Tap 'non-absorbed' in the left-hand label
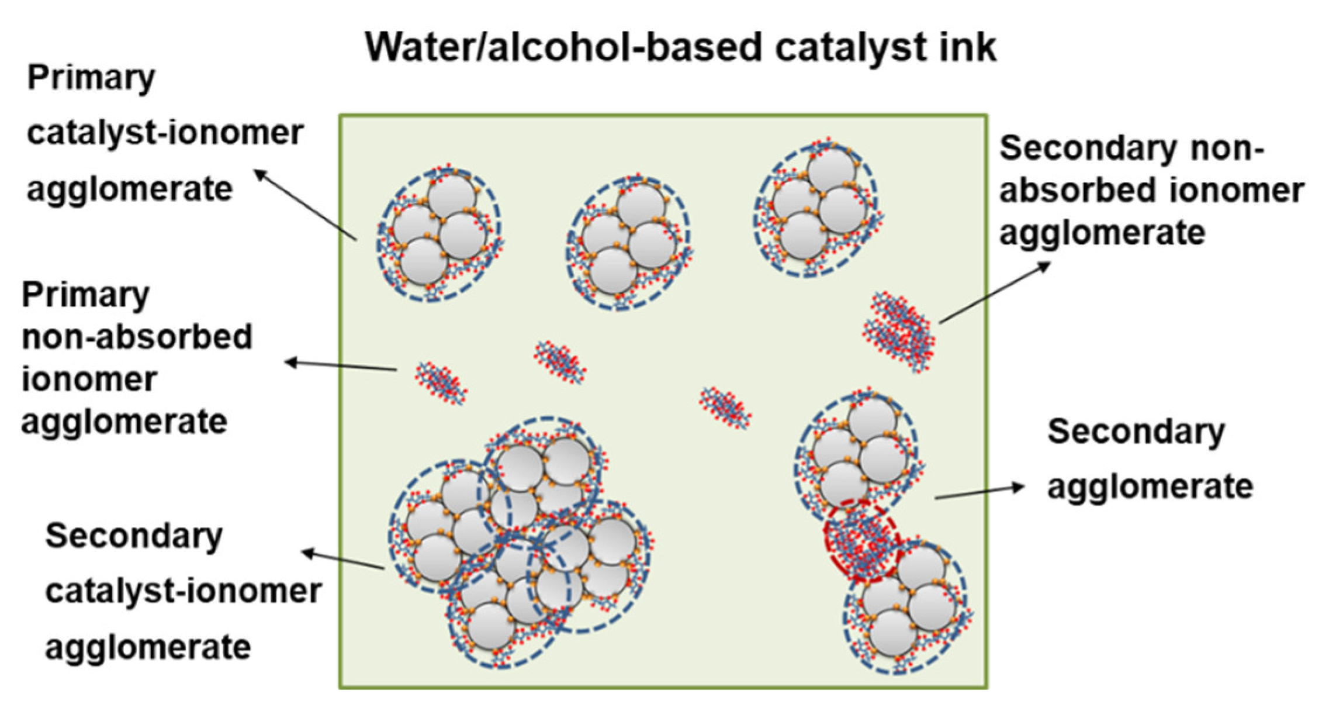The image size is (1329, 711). pyautogui.click(x=137, y=337)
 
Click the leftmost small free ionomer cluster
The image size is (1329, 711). pyautogui.click(x=441, y=382)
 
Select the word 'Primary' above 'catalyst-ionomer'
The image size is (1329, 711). pyautogui.click(x=91, y=78)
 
